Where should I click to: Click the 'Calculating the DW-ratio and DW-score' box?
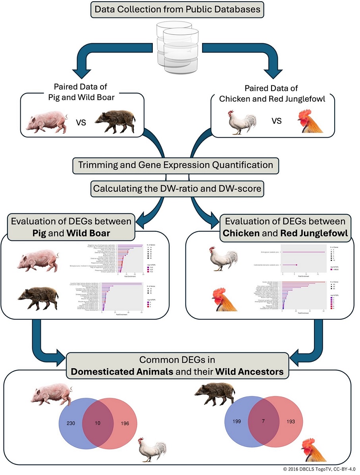coord(177,189)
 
